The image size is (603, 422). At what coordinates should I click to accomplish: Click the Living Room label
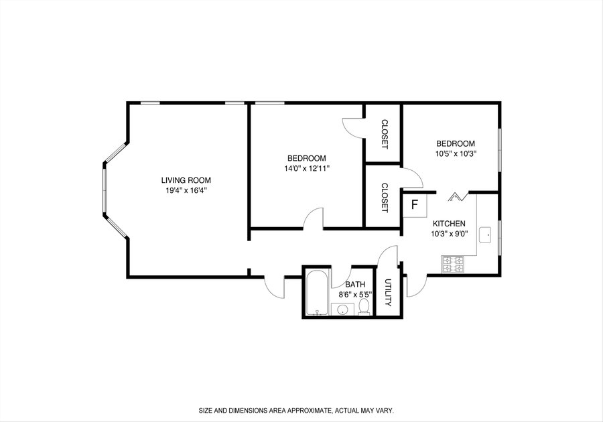[186, 180]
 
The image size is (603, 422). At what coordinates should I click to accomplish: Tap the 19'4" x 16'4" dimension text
[186, 190]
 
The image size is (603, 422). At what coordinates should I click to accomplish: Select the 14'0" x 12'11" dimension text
[307, 168]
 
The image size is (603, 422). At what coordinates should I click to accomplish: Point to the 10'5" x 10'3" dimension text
[456, 154]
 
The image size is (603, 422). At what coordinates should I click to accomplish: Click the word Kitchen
[449, 223]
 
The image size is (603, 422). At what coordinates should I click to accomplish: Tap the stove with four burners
[453, 265]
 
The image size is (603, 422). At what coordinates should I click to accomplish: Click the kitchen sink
[484, 235]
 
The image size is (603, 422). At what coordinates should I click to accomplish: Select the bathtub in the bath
[316, 293]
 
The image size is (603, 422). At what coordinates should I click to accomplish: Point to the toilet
[364, 307]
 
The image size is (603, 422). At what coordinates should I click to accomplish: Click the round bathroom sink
[343, 309]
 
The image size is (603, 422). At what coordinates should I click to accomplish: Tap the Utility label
[388, 293]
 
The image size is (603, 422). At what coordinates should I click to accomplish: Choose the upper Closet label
[384, 135]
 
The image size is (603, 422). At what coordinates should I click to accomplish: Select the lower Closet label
[384, 198]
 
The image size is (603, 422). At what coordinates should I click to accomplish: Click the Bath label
[355, 285]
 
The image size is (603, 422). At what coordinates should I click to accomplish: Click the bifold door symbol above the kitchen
[457, 196]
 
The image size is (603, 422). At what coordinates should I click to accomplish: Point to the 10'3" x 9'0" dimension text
[449, 233]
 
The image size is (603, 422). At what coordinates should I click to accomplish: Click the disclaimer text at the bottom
[296, 411]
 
